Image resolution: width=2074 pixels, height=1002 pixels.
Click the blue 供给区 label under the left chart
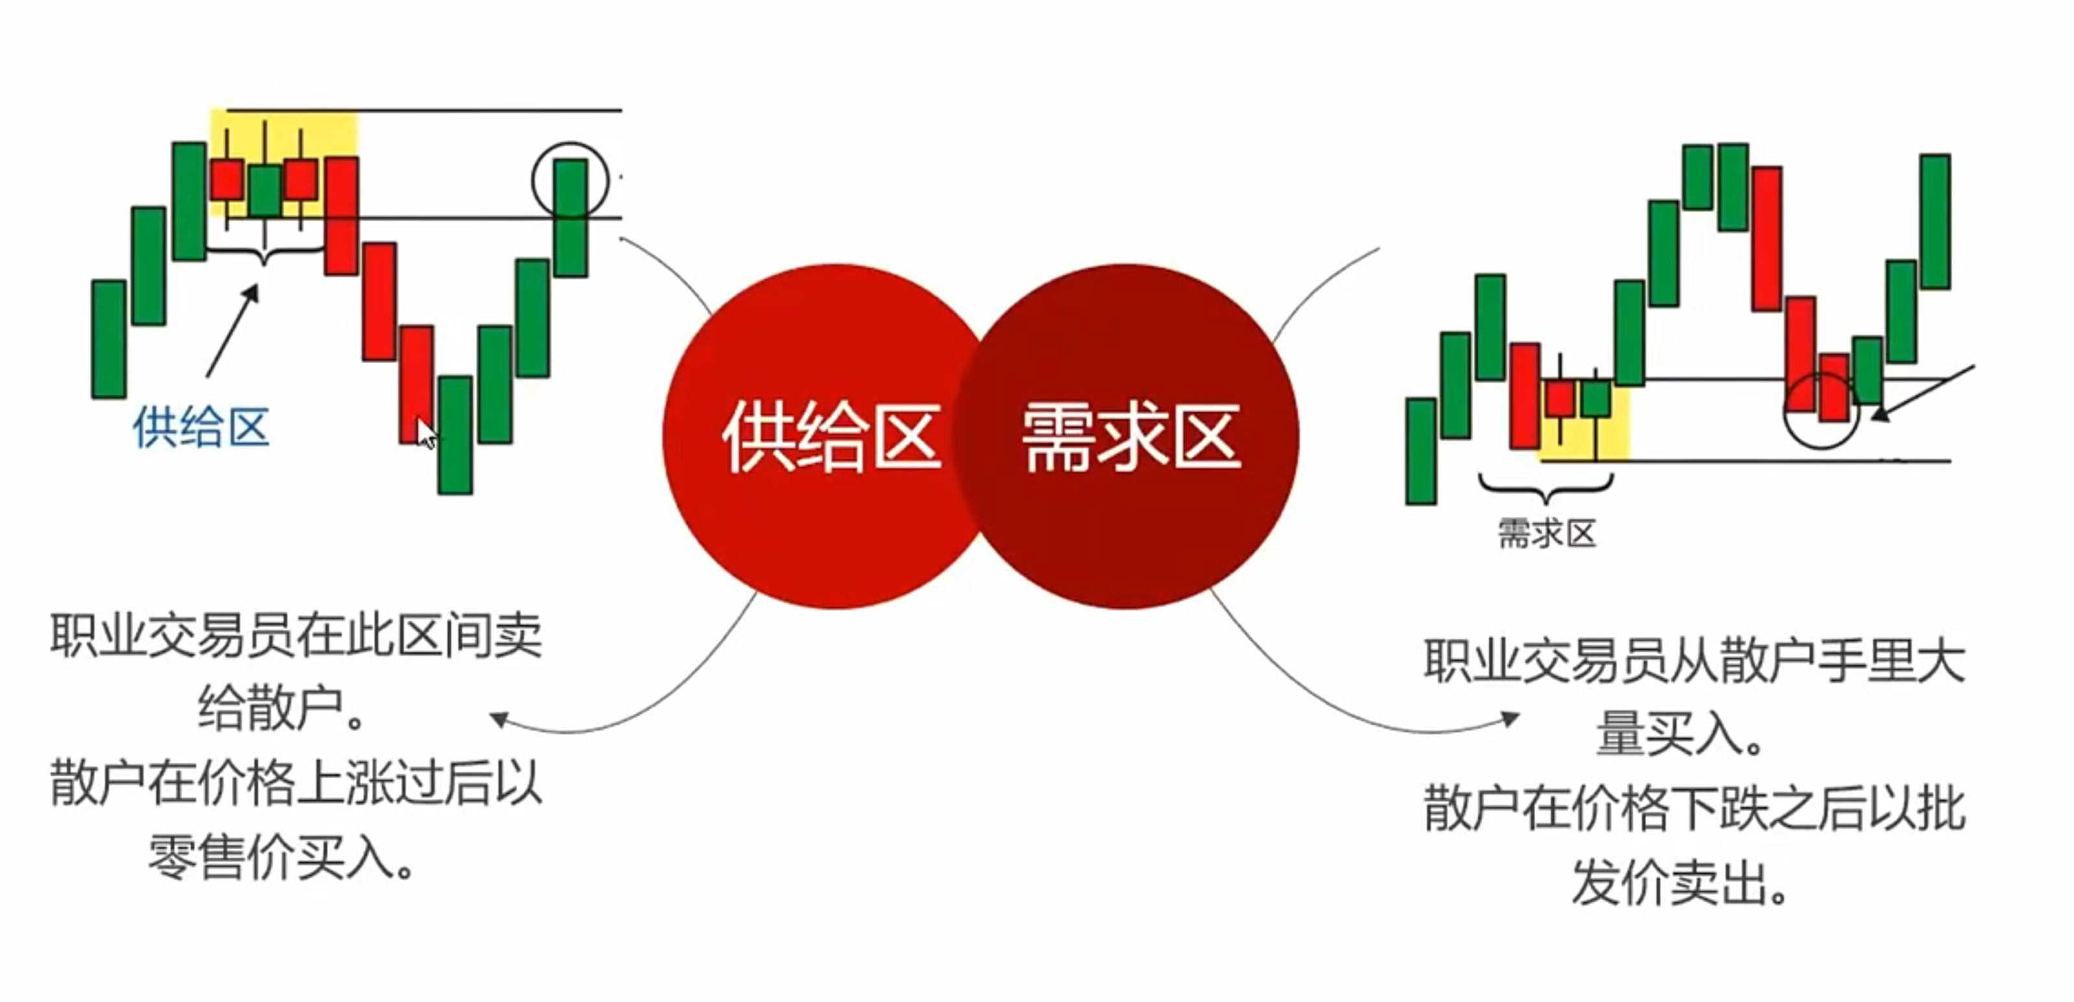pos(200,427)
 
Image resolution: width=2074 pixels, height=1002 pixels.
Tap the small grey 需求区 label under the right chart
pos(1546,534)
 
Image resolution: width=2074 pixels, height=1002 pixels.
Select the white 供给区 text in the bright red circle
pos(832,437)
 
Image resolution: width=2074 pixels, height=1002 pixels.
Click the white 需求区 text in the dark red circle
pos(1131,437)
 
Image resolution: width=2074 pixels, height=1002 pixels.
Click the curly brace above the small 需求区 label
pos(1546,486)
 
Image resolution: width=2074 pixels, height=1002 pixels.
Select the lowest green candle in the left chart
pos(455,435)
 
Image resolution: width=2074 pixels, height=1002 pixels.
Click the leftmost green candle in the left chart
pos(109,339)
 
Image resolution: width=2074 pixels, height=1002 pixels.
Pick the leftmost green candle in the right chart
pos(1421,451)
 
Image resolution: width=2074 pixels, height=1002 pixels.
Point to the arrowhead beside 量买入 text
pos(1511,718)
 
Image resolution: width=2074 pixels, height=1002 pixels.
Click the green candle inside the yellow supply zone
pos(264,190)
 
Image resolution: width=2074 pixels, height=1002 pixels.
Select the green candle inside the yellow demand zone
pos(1596,398)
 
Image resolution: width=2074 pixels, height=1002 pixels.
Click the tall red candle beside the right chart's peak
pos(1767,239)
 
